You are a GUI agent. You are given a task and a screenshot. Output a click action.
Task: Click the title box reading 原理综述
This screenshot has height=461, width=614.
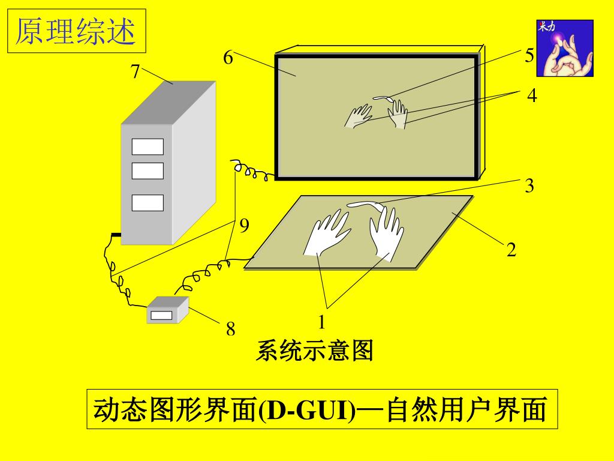click(77, 31)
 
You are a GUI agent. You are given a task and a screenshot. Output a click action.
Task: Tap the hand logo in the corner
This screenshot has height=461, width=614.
click(565, 48)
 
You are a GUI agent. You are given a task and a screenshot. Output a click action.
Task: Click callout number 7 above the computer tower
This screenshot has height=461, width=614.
click(135, 71)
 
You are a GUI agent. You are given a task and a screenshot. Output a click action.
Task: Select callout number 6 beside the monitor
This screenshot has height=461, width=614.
click(228, 58)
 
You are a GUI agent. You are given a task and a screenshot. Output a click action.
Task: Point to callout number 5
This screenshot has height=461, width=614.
click(529, 55)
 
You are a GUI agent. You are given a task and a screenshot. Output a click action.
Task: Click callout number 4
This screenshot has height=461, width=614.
click(532, 95)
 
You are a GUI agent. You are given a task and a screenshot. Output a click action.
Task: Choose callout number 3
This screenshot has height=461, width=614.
click(529, 185)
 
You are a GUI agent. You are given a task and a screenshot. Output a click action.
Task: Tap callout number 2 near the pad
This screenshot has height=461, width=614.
click(511, 250)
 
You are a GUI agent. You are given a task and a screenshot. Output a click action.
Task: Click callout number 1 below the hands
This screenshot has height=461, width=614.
click(321, 322)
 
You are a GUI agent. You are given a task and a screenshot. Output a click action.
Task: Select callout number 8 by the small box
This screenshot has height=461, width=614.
click(231, 329)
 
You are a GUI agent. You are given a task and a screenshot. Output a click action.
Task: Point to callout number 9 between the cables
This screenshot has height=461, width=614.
click(244, 226)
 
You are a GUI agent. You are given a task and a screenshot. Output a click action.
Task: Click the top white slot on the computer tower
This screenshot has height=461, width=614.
click(148, 146)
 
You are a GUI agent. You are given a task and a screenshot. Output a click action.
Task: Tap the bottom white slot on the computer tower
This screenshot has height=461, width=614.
click(148, 203)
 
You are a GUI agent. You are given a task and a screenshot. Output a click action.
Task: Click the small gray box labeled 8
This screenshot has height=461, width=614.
click(168, 310)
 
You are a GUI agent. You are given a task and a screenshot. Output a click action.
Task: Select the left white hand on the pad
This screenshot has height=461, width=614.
click(327, 233)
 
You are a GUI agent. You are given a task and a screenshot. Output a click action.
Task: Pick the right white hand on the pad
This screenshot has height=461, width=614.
click(386, 234)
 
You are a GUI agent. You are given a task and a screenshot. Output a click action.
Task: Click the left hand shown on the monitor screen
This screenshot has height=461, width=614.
click(358, 116)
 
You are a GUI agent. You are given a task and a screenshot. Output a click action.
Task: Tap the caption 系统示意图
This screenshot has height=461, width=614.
click(314, 350)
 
